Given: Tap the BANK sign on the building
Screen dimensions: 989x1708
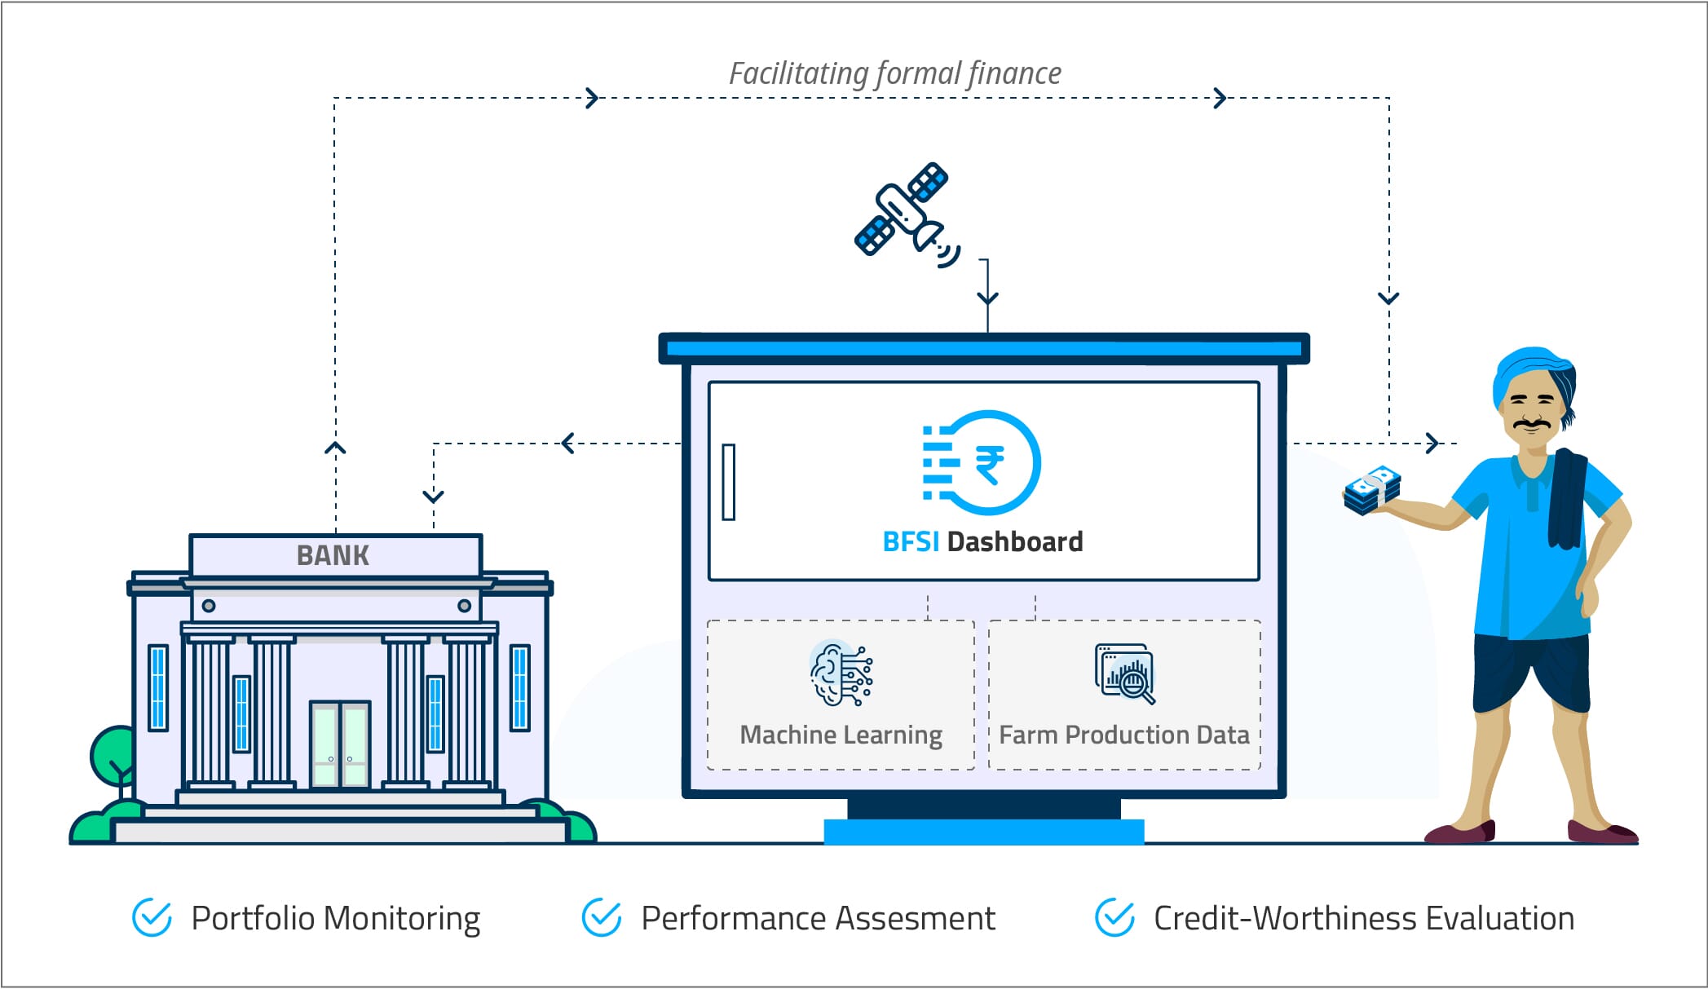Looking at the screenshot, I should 333,555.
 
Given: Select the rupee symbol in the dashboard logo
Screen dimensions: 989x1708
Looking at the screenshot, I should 989,464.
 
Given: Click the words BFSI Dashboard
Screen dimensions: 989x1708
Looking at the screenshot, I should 982,541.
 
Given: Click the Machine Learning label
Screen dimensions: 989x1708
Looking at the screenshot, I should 841,735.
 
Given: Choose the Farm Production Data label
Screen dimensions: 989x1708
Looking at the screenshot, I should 1123,735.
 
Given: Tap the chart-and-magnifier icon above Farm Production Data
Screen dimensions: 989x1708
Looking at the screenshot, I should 1125,673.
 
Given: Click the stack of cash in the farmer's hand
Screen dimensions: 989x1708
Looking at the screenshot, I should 1372,491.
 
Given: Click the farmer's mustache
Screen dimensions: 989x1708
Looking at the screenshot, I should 1532,425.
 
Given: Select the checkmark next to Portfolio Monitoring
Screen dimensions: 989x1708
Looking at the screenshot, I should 152,918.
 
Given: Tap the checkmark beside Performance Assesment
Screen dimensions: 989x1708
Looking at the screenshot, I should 602,918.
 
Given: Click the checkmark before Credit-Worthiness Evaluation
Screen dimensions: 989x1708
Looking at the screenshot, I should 1114,918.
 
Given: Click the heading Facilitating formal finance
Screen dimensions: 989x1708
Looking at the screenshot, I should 894,73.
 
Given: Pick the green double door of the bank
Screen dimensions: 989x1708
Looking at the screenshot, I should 340,744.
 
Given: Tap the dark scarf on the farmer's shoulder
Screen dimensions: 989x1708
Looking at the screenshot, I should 1566,497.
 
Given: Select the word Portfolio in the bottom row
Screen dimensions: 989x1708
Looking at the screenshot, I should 253,918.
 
